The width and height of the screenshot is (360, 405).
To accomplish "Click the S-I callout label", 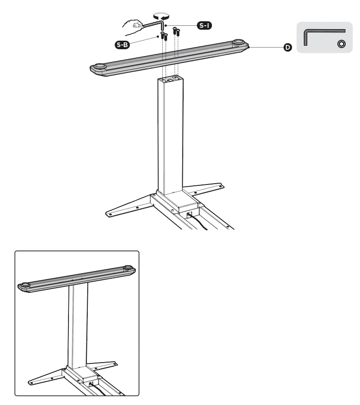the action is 204,25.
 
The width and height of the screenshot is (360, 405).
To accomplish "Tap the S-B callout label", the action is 122,45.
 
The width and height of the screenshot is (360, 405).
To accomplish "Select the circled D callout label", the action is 287,48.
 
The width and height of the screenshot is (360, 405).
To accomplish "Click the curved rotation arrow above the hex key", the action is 161,16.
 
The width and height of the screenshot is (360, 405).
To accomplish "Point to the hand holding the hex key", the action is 133,27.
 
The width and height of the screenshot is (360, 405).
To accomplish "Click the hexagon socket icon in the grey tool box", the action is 342,44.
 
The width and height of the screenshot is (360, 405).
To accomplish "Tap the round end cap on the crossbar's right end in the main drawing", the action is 239,42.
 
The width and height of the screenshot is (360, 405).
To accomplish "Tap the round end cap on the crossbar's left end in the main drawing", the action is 100,66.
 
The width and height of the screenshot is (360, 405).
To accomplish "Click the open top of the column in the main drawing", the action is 171,79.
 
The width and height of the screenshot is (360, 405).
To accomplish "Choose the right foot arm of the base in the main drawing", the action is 205,188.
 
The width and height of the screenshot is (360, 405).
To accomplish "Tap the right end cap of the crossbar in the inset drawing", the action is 128,268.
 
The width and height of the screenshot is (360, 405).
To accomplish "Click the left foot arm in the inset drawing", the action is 46,377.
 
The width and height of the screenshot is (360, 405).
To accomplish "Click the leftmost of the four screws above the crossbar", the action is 162,35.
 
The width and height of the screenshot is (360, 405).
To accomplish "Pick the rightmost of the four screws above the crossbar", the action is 178,33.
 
